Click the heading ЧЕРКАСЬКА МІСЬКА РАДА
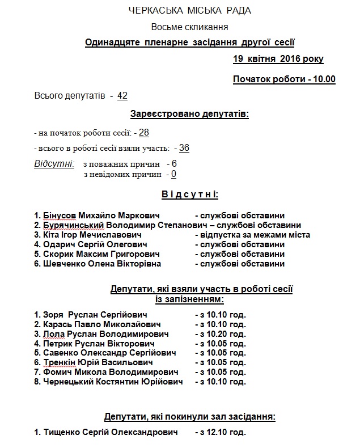click(x=190, y=10)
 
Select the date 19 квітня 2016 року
click(x=278, y=59)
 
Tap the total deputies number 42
click(x=122, y=96)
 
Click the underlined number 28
click(x=143, y=133)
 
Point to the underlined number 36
click(x=184, y=148)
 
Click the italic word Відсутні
click(x=54, y=164)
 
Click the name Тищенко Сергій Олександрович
click(x=108, y=433)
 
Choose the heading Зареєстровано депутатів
click(x=190, y=114)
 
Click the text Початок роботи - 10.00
click(x=284, y=79)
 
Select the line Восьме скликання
click(x=190, y=27)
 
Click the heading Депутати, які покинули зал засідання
click(x=190, y=417)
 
